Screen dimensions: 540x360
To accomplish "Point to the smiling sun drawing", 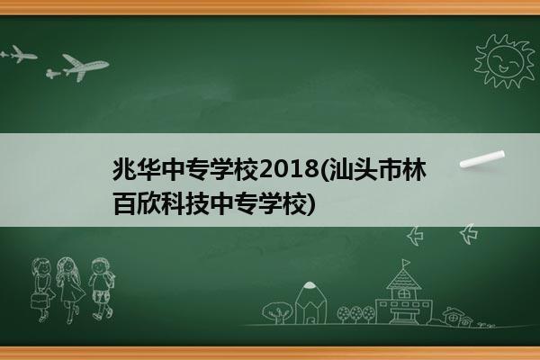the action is [x=504, y=61].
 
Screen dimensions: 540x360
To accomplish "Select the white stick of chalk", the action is [x=482, y=159].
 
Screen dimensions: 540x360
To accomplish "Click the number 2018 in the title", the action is [x=289, y=169].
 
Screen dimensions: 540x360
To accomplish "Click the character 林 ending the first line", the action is [x=415, y=169].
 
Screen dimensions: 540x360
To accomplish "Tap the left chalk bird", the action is [x=415, y=236].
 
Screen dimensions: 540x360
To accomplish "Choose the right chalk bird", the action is [x=469, y=234].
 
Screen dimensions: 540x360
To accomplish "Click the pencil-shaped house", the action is [x=310, y=303].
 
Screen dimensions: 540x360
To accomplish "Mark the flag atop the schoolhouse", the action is [x=406, y=263].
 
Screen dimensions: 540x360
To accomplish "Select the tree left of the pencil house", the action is [x=277, y=312].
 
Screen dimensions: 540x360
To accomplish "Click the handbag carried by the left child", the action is [x=39, y=301].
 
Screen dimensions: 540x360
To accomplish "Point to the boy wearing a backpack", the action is [x=102, y=289].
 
